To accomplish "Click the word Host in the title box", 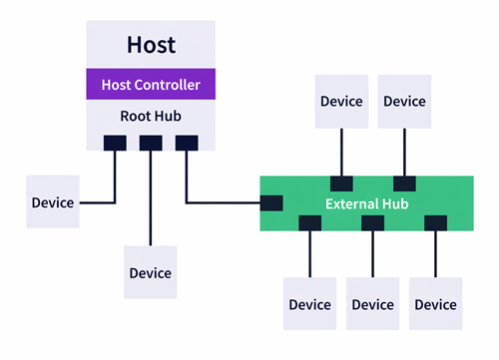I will pos(151,45).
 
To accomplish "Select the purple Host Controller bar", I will pos(151,85).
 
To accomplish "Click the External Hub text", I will pos(366,203).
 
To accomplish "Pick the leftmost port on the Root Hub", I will pos(115,144).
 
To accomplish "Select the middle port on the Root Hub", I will pos(151,144).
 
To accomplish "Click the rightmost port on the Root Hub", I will pos(187,144).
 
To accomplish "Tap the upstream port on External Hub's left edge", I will pos(271,203).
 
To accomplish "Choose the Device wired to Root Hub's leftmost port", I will pos(52,202).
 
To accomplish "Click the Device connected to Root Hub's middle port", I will pos(150,272).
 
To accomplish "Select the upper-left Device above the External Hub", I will pos(341,102).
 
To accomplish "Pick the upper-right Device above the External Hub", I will pos(404,102).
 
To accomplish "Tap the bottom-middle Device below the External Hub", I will pos(372,304).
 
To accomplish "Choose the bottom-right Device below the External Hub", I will pos(435,304).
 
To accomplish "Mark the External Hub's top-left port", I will pos(341,183).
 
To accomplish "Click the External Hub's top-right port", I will pos(404,183).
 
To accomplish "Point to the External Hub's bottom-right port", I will pos(435,224).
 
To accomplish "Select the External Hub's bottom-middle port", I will pos(372,224).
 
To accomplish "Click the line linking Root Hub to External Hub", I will pos(225,203).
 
